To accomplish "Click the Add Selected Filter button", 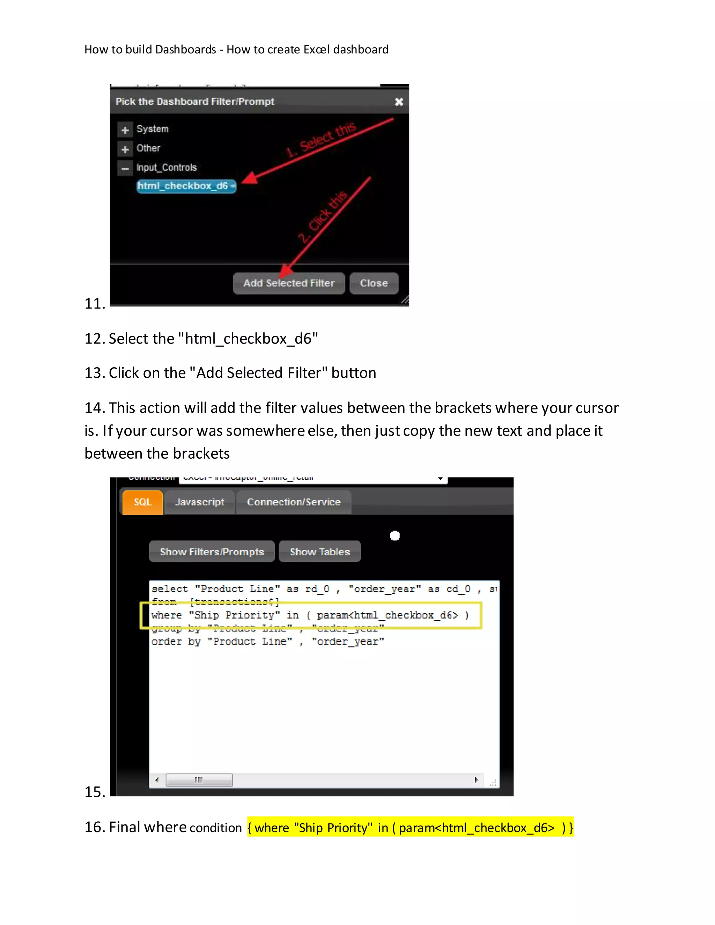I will (x=289, y=283).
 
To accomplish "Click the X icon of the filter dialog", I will (x=399, y=102).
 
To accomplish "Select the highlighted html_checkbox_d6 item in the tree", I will (x=186, y=186).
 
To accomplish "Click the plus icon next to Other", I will (x=125, y=149).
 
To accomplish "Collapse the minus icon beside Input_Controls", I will (x=125, y=169).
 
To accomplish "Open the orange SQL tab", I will (x=142, y=502).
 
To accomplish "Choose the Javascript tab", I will (x=199, y=502).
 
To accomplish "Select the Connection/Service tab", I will (x=294, y=502).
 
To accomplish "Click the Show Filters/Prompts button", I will (x=212, y=552).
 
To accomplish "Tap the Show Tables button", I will (x=320, y=552).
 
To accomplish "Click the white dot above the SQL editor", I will (x=395, y=536).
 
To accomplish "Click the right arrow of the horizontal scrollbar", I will (x=476, y=780).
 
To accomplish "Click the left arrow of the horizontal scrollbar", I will (x=157, y=780).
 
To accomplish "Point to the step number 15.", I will (x=95, y=792).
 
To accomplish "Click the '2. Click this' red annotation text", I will (x=323, y=216).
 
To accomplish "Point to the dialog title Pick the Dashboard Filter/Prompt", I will (x=195, y=102).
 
